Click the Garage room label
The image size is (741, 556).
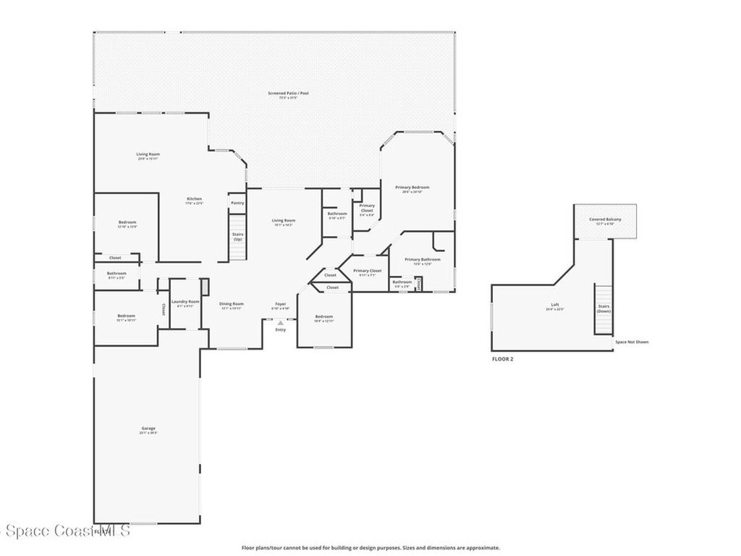click(x=148, y=428)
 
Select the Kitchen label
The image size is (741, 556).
click(x=194, y=199)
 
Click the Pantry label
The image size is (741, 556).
click(x=237, y=203)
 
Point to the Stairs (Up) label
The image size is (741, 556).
click(x=237, y=236)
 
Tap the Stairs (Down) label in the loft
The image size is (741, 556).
click(x=604, y=308)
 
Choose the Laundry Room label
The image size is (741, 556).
click(x=185, y=301)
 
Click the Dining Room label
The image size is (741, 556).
click(x=232, y=304)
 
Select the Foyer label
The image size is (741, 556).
click(x=280, y=304)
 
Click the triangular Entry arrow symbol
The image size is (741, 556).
click(x=280, y=323)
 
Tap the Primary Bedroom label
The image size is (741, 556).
click(x=412, y=188)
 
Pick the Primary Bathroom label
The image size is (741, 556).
click(x=422, y=260)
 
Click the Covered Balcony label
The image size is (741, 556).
click(x=604, y=219)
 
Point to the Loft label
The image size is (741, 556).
click(x=555, y=305)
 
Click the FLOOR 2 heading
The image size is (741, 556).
click(x=502, y=359)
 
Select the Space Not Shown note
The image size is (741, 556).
click(x=632, y=342)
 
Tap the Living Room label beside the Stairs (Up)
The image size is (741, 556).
click(x=284, y=221)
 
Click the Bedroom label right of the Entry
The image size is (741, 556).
click(x=323, y=316)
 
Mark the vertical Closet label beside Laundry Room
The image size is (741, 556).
click(x=164, y=309)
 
